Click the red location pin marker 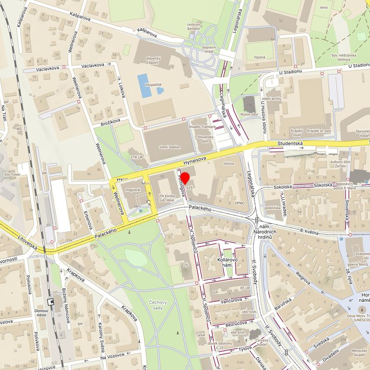click(185, 179)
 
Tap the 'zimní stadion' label click(169, 147)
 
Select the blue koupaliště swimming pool click(144, 85)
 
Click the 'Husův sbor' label click(249, 115)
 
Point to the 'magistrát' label click(133, 190)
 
